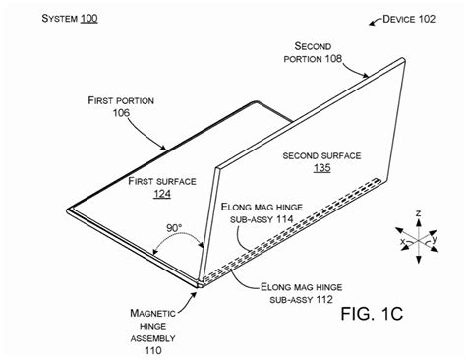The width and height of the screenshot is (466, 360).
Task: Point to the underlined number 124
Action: click(162, 194)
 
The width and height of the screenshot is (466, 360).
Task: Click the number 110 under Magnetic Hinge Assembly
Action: click(153, 349)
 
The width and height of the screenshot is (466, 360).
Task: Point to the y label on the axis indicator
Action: click(438, 238)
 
